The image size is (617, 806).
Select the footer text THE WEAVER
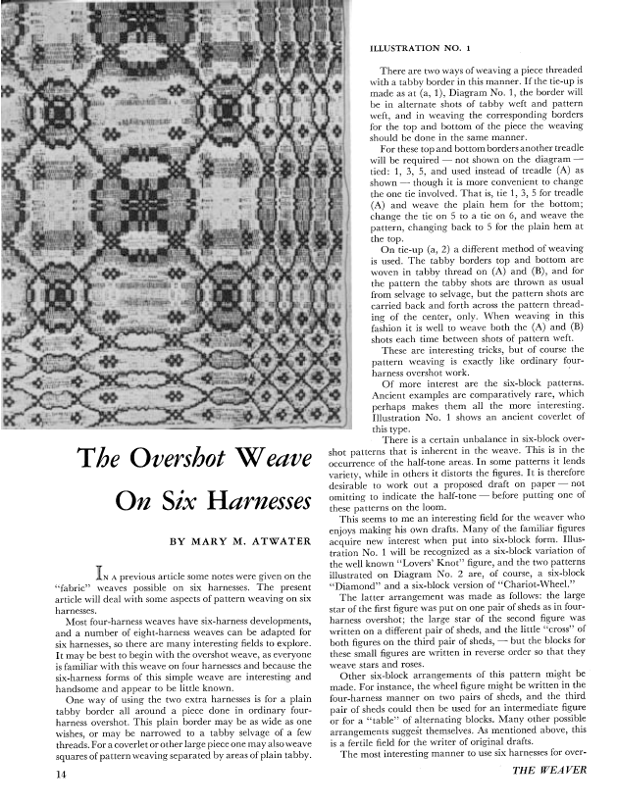(x=550, y=772)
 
